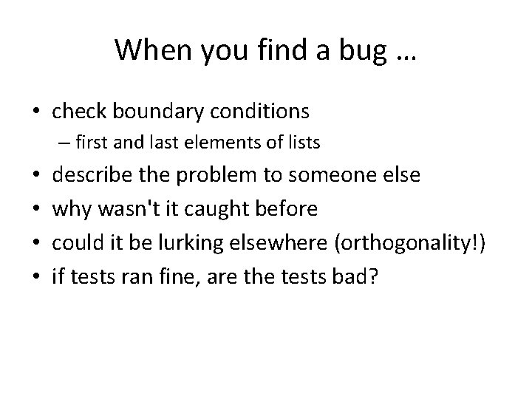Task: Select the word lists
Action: [301, 143]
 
